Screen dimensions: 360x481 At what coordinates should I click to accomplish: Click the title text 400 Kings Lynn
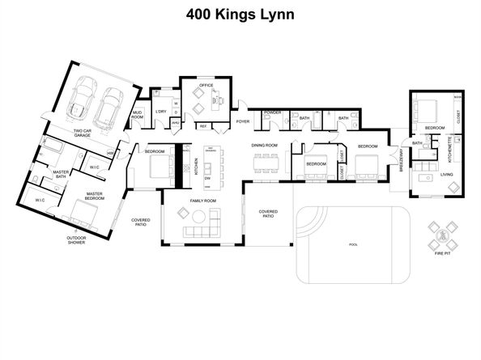point(240,15)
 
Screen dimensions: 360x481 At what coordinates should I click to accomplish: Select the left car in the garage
point(82,97)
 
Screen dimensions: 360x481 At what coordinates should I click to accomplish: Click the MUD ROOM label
point(137,116)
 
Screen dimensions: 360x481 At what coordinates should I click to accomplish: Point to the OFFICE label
point(197,84)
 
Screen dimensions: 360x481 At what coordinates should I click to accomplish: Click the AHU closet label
point(175,123)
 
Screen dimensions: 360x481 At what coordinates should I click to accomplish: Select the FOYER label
point(242,121)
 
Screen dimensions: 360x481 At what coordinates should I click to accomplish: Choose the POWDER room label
point(272,112)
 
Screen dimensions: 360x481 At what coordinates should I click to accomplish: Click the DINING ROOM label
point(264,146)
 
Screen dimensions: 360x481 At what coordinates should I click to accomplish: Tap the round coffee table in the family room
point(181,214)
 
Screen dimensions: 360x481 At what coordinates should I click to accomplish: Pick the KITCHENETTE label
point(448,149)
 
